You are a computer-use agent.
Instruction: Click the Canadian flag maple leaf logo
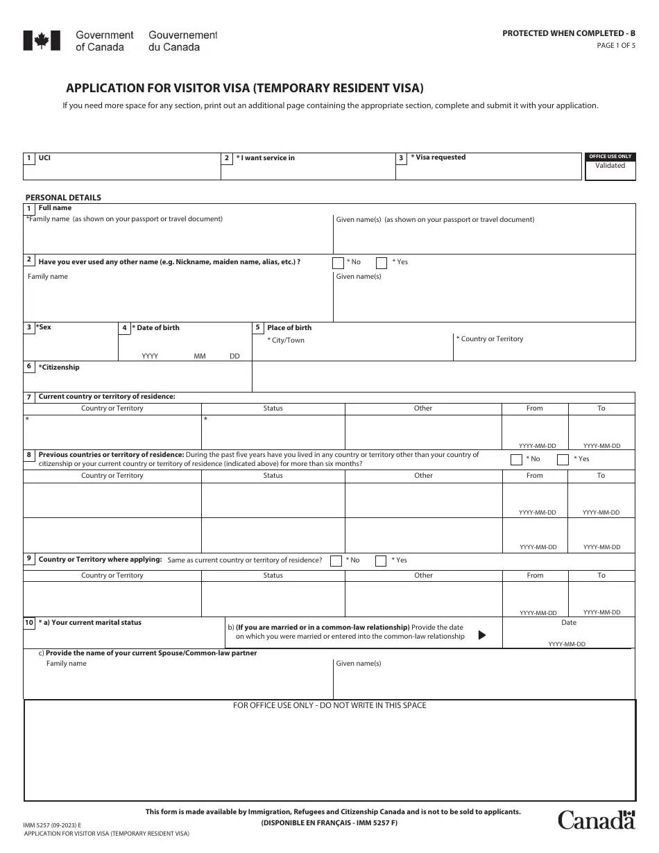pyautogui.click(x=37, y=41)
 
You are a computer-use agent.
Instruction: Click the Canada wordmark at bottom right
pyautogui.click(x=597, y=820)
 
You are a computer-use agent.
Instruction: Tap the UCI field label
pyautogui.click(x=44, y=158)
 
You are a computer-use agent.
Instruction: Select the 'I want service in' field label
pyautogui.click(x=266, y=158)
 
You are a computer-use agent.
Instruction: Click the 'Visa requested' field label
pyautogui.click(x=438, y=157)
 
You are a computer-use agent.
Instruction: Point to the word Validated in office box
pyautogui.click(x=610, y=166)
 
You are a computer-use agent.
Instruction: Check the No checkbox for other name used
pyautogui.click(x=338, y=263)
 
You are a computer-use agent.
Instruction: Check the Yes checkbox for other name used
pyautogui.click(x=382, y=263)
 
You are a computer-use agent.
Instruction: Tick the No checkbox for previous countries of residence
pyautogui.click(x=516, y=459)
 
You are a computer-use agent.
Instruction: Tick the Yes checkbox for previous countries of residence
pyautogui.click(x=562, y=459)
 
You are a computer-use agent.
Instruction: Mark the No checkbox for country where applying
pyautogui.click(x=336, y=561)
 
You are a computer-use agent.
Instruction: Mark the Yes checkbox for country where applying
pyautogui.click(x=381, y=561)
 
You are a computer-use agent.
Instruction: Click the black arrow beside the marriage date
pyautogui.click(x=482, y=635)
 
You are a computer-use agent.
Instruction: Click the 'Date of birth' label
pyautogui.click(x=157, y=328)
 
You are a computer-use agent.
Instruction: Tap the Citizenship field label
pyautogui.click(x=60, y=368)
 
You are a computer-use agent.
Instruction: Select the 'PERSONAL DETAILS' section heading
pyautogui.click(x=63, y=198)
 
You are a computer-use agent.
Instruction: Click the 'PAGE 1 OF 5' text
pyautogui.click(x=616, y=46)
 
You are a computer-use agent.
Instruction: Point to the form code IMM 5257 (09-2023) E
pyautogui.click(x=52, y=825)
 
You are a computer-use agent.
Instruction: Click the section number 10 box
pyautogui.click(x=29, y=623)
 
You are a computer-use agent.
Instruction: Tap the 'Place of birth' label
pyautogui.click(x=289, y=328)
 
